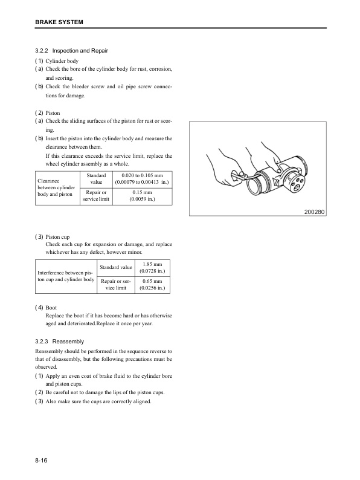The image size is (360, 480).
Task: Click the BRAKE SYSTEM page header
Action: [59, 22]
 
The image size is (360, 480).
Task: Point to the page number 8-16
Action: [42, 461]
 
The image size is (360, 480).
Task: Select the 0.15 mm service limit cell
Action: [142, 196]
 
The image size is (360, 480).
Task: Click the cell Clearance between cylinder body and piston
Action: [57, 187]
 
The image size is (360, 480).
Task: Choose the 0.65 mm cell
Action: [152, 285]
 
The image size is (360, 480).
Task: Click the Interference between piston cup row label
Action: [66, 276]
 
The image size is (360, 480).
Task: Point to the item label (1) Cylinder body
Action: [57, 61]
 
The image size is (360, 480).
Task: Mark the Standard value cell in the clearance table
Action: [96, 178]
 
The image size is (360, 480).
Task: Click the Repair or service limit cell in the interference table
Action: [117, 285]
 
